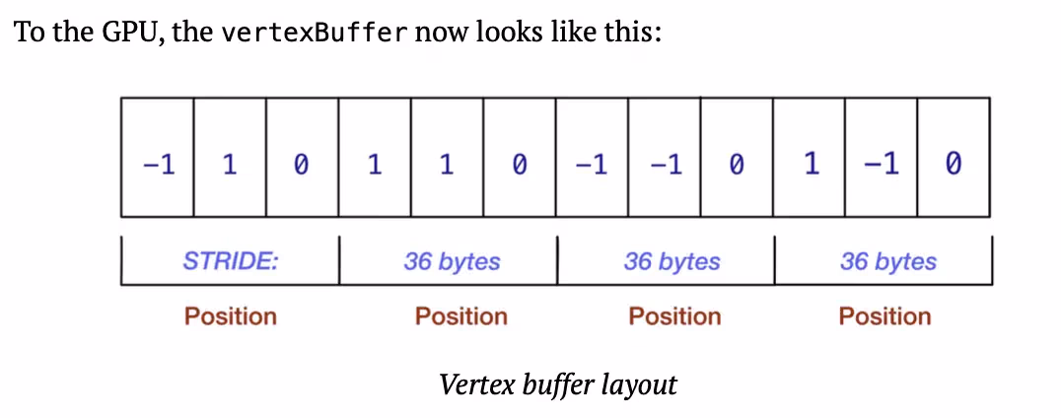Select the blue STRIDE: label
point(231,261)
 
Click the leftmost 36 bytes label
point(452,261)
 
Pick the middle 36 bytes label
point(672,261)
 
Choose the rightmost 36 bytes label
point(888,261)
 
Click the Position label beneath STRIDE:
point(231,316)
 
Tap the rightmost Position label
point(884,316)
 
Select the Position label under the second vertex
point(460,316)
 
